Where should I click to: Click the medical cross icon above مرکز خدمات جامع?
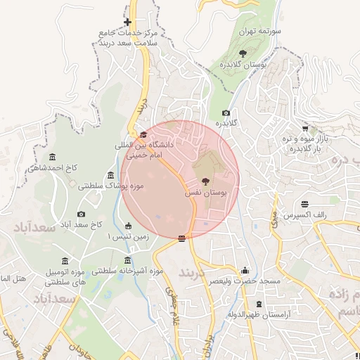[127, 22]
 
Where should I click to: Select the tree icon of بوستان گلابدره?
[243, 53]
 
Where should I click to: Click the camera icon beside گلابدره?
[226, 113]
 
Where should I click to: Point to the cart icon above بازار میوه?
[304, 129]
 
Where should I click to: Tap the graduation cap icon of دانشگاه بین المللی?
[143, 135]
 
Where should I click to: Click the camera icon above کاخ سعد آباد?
[81, 214]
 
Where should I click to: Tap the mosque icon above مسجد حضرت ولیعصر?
[245, 270]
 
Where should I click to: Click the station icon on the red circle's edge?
[182, 238]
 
